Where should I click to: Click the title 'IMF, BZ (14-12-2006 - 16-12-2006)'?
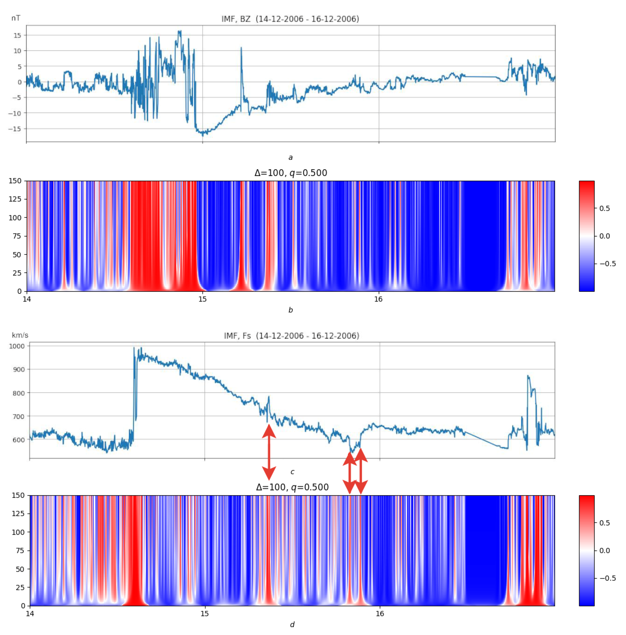tap(290, 19)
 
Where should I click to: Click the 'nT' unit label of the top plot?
tap(16, 18)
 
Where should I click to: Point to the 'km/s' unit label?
tap(20, 335)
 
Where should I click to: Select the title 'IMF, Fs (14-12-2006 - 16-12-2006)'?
tap(292, 336)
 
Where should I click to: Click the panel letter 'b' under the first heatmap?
tap(291, 310)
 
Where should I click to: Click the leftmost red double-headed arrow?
tap(269, 452)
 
